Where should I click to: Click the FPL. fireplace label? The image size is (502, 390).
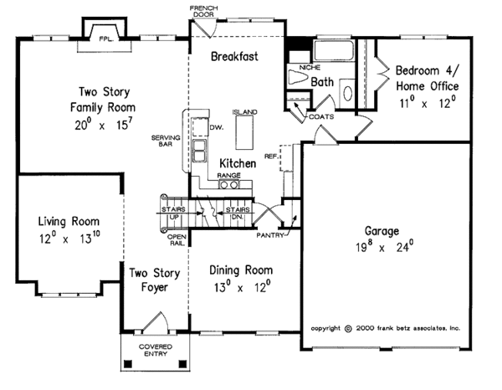(x=106, y=38)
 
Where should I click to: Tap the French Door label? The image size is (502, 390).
(x=203, y=11)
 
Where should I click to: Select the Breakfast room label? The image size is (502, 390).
(x=233, y=57)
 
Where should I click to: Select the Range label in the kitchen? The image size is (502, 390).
(x=229, y=176)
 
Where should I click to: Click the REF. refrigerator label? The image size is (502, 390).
(x=270, y=156)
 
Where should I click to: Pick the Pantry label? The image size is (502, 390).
(x=274, y=236)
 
